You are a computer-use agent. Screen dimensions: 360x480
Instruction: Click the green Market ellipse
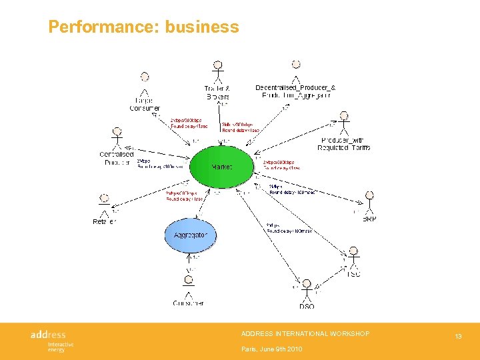click(221, 167)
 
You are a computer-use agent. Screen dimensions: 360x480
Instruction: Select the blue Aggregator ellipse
click(190, 235)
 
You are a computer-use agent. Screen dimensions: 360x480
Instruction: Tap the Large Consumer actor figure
click(145, 83)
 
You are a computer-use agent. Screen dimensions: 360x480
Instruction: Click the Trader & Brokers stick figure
click(217, 71)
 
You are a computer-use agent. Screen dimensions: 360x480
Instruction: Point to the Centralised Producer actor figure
click(117, 137)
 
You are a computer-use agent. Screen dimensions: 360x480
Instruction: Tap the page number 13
click(459, 337)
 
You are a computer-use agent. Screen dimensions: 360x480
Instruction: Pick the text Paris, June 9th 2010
click(272, 349)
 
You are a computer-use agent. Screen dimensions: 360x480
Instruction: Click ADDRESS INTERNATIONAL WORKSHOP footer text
click(305, 333)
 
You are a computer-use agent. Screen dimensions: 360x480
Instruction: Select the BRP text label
click(369, 219)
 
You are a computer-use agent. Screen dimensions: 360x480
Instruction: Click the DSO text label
click(307, 306)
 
